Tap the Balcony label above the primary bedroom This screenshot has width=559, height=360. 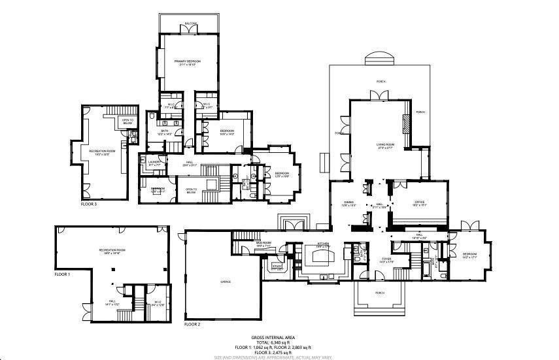click(190, 23)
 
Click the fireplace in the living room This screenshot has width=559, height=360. click(406, 124)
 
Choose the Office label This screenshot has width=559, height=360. click(419, 202)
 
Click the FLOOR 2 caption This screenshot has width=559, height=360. click(192, 324)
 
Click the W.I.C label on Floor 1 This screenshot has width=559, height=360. click(158, 302)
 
